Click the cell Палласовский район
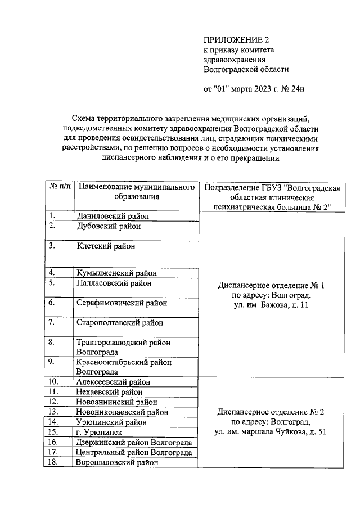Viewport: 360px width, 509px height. coord(114,283)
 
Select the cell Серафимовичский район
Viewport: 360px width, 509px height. coord(121,303)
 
